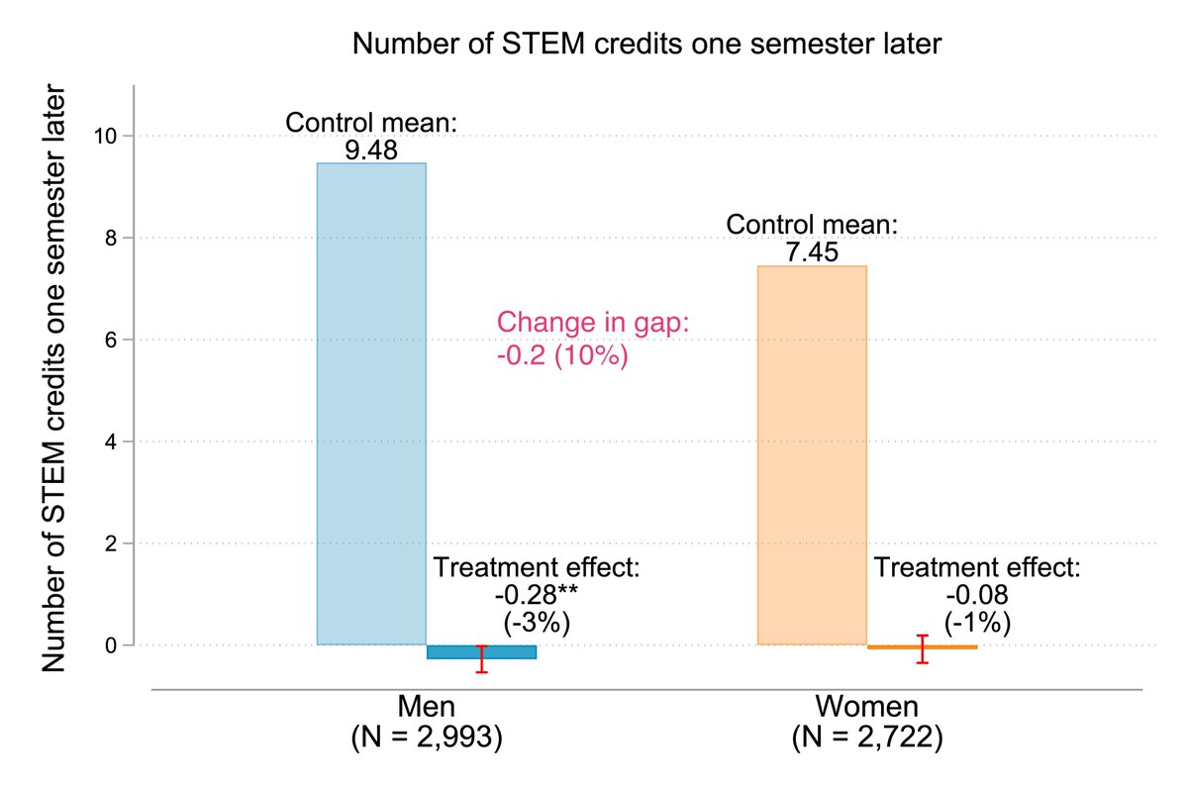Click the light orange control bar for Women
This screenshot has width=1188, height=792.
point(812,455)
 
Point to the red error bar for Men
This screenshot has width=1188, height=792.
point(482,658)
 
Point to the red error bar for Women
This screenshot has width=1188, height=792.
point(923,648)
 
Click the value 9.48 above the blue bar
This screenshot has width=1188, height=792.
point(371,151)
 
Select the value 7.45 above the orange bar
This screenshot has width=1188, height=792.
point(812,253)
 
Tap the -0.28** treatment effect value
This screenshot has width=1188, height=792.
point(536,596)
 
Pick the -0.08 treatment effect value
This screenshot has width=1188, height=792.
point(976,596)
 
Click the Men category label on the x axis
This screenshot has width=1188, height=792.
point(427,707)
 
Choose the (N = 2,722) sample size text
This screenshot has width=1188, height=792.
point(867,738)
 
